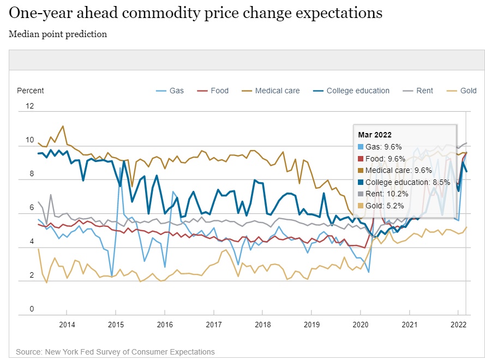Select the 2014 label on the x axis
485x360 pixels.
point(67,325)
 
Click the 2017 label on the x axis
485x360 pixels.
point(213,325)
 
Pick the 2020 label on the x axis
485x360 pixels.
point(360,325)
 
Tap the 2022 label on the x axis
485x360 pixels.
point(458,325)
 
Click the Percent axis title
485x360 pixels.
point(31,91)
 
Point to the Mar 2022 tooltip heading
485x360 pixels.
point(375,135)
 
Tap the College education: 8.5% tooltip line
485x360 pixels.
point(404,182)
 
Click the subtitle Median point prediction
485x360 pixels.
point(58,34)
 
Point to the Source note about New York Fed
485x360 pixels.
point(115,352)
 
